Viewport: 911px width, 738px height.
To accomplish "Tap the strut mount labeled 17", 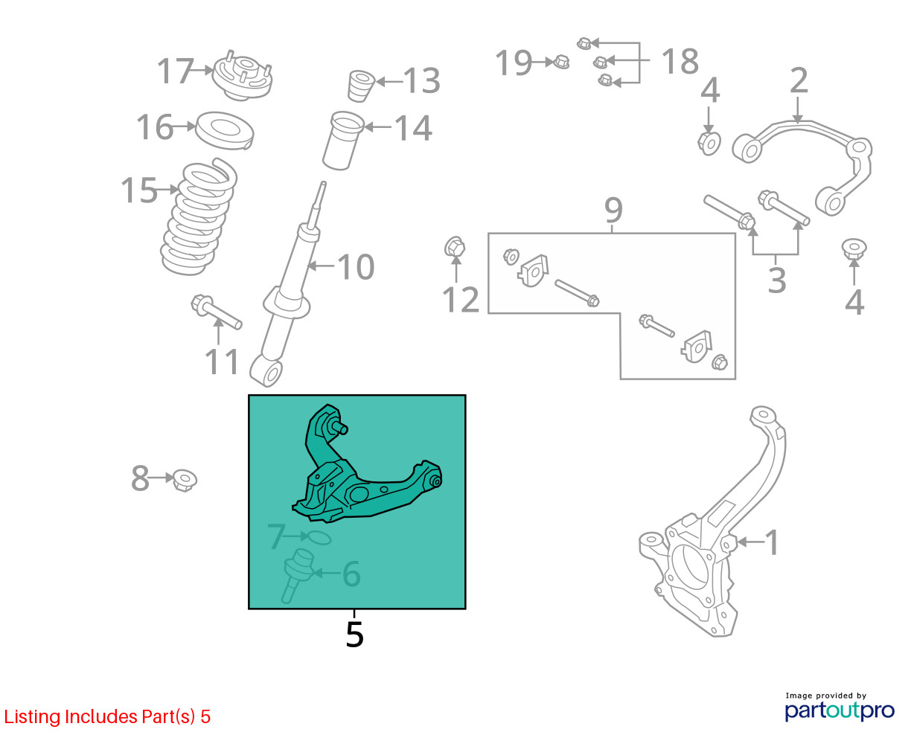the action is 243,76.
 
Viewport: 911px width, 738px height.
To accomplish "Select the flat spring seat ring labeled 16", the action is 225,130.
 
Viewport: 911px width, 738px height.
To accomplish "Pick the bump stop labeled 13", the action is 360,86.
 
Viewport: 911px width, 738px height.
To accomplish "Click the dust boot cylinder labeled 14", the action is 343,141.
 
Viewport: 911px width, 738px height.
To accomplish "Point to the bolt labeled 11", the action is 217,312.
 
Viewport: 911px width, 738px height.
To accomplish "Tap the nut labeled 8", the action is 185,481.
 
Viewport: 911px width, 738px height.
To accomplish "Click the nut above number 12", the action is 455,247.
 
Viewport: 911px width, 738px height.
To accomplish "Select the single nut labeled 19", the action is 561,62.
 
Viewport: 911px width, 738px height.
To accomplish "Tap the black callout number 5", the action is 354,635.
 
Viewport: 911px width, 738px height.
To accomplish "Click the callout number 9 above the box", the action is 613,210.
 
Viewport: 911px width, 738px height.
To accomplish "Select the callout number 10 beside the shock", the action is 356,267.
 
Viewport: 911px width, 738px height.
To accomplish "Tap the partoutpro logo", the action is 840,710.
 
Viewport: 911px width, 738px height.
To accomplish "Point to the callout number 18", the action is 680,61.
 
